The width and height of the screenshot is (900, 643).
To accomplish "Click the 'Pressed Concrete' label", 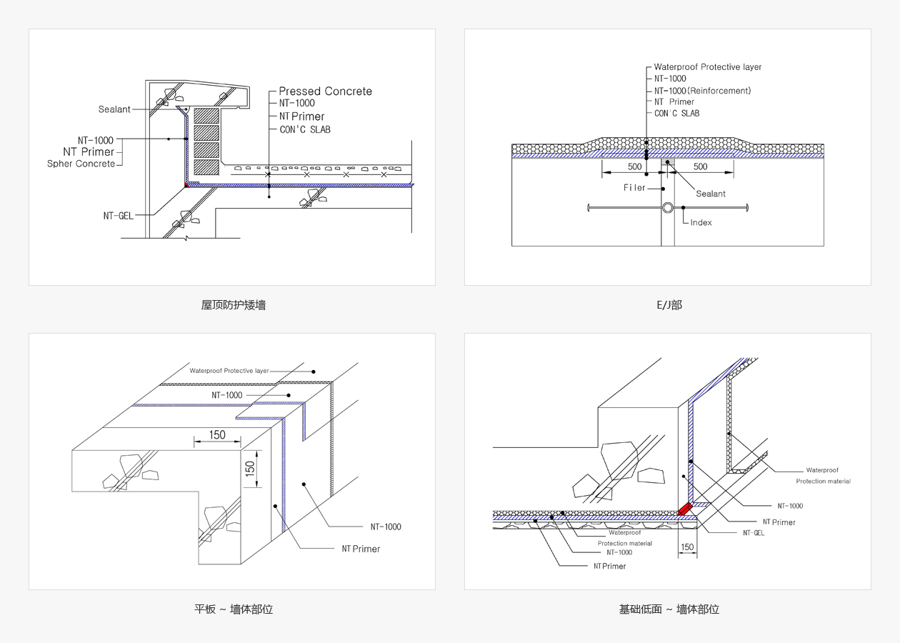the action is (x=326, y=91).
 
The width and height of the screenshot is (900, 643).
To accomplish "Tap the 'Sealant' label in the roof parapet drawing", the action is (x=114, y=109).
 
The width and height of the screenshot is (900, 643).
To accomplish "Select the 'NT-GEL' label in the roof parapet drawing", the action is (x=118, y=216).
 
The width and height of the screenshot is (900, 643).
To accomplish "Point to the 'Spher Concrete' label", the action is (x=81, y=164).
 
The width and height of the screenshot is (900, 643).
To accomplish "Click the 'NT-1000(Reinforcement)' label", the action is (x=702, y=91).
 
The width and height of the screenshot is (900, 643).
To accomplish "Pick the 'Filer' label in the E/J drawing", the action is (x=634, y=188).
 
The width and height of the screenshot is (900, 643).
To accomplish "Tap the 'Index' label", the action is (x=701, y=223).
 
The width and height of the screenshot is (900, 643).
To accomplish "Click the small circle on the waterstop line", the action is (x=667, y=208).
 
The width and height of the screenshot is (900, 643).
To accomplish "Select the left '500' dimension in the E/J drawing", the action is (x=635, y=166).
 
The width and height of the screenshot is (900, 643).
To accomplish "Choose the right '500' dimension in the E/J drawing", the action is (x=700, y=166).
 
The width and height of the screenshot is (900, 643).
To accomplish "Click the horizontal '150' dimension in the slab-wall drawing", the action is (x=217, y=435).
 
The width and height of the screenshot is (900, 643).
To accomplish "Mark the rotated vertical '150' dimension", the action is (x=250, y=469).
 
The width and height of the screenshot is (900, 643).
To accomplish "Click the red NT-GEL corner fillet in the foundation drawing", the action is (x=684, y=509).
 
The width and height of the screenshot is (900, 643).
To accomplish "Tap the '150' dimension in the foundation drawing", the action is (x=687, y=547).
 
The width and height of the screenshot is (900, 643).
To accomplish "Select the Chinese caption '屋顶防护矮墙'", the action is (x=233, y=305).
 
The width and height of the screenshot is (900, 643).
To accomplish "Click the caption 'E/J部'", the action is (x=669, y=305).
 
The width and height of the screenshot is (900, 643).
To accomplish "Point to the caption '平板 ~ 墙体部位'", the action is (x=234, y=609).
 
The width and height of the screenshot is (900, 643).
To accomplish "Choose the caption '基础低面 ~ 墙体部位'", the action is (x=669, y=609).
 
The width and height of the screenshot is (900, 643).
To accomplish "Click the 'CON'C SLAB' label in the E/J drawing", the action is (x=676, y=114).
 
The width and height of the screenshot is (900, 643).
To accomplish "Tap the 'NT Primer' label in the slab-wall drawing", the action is (x=361, y=549).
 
